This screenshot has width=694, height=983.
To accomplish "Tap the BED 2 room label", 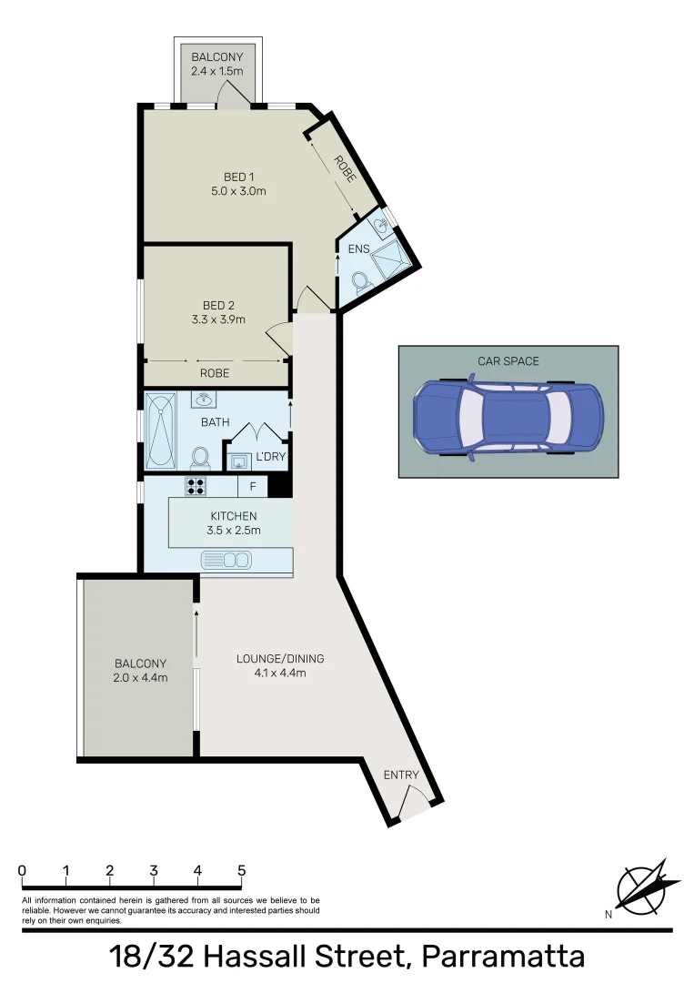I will click(x=218, y=305).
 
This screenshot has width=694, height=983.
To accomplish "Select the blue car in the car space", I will click(x=508, y=418).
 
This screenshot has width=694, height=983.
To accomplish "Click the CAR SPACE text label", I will click(x=508, y=361).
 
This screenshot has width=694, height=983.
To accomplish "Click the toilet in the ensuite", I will click(x=360, y=283).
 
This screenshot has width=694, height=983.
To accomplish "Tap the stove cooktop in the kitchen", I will click(x=196, y=485).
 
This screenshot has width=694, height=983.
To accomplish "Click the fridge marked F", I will click(x=253, y=486).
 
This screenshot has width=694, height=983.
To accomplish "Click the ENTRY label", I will click(x=401, y=775).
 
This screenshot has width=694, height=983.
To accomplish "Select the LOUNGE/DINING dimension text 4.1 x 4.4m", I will click(x=280, y=674).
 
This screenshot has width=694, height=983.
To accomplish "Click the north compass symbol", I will click(x=648, y=886).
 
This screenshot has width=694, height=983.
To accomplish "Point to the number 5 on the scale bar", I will click(x=241, y=870).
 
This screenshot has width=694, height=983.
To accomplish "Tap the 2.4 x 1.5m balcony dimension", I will click(x=217, y=71).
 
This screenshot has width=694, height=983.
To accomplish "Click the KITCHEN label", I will click(x=233, y=516).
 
